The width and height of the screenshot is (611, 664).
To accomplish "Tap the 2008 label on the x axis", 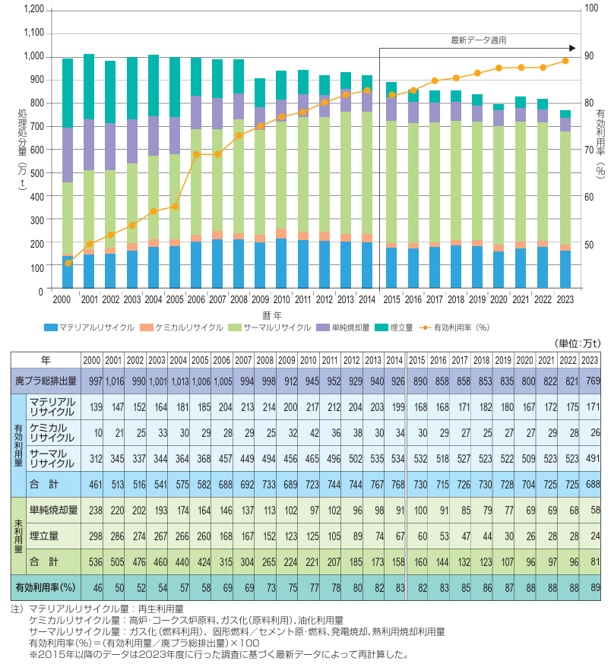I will click(239, 300).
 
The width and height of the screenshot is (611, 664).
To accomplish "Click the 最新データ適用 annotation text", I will click(478, 40).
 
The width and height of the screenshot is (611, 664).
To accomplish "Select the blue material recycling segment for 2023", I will click(565, 270).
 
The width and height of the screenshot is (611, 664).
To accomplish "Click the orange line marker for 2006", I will click(196, 154).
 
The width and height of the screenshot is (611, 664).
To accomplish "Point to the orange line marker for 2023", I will click(565, 61).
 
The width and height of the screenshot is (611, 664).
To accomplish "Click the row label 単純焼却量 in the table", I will click(53, 511).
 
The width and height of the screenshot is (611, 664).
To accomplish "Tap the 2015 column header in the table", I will click(417, 359).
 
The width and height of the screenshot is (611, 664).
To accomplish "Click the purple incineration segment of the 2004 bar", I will click(154, 136).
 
